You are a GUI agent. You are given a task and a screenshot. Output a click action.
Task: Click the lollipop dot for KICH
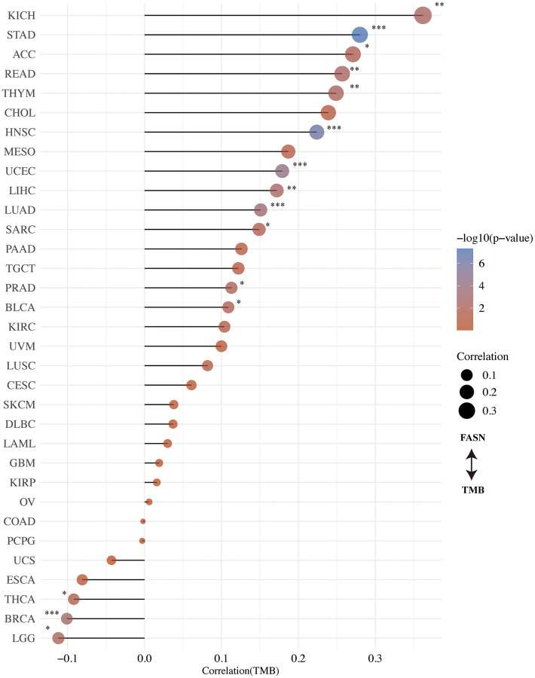423,15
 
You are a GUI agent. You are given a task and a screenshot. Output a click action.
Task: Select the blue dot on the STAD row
359,35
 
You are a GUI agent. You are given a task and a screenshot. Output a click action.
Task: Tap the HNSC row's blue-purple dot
316,132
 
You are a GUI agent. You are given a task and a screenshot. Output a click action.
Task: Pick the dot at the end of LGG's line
59,638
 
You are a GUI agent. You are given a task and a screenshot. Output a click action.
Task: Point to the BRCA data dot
67,618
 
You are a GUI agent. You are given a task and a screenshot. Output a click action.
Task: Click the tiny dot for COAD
142,521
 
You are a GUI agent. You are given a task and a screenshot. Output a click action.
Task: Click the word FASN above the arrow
471,438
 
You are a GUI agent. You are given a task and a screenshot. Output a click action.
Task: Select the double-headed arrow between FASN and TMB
471,464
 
